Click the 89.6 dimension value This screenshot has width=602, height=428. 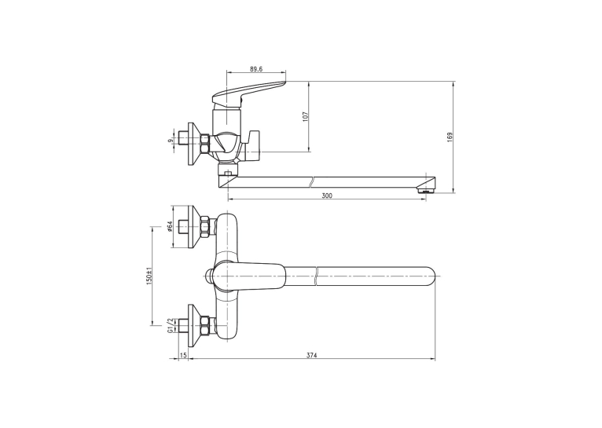[x=256, y=69]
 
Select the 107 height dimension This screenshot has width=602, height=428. [x=306, y=116]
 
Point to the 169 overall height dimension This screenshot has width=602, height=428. [x=450, y=137]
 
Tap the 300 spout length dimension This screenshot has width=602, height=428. [x=327, y=196]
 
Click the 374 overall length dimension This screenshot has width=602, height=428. [x=312, y=356]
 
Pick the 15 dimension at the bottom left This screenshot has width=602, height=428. [x=183, y=356]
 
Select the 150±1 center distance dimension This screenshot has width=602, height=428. [x=149, y=276]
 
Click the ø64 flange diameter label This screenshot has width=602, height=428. [x=169, y=226]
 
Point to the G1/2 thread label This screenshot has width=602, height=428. [x=169, y=326]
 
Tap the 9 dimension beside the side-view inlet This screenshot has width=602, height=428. [x=170, y=141]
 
